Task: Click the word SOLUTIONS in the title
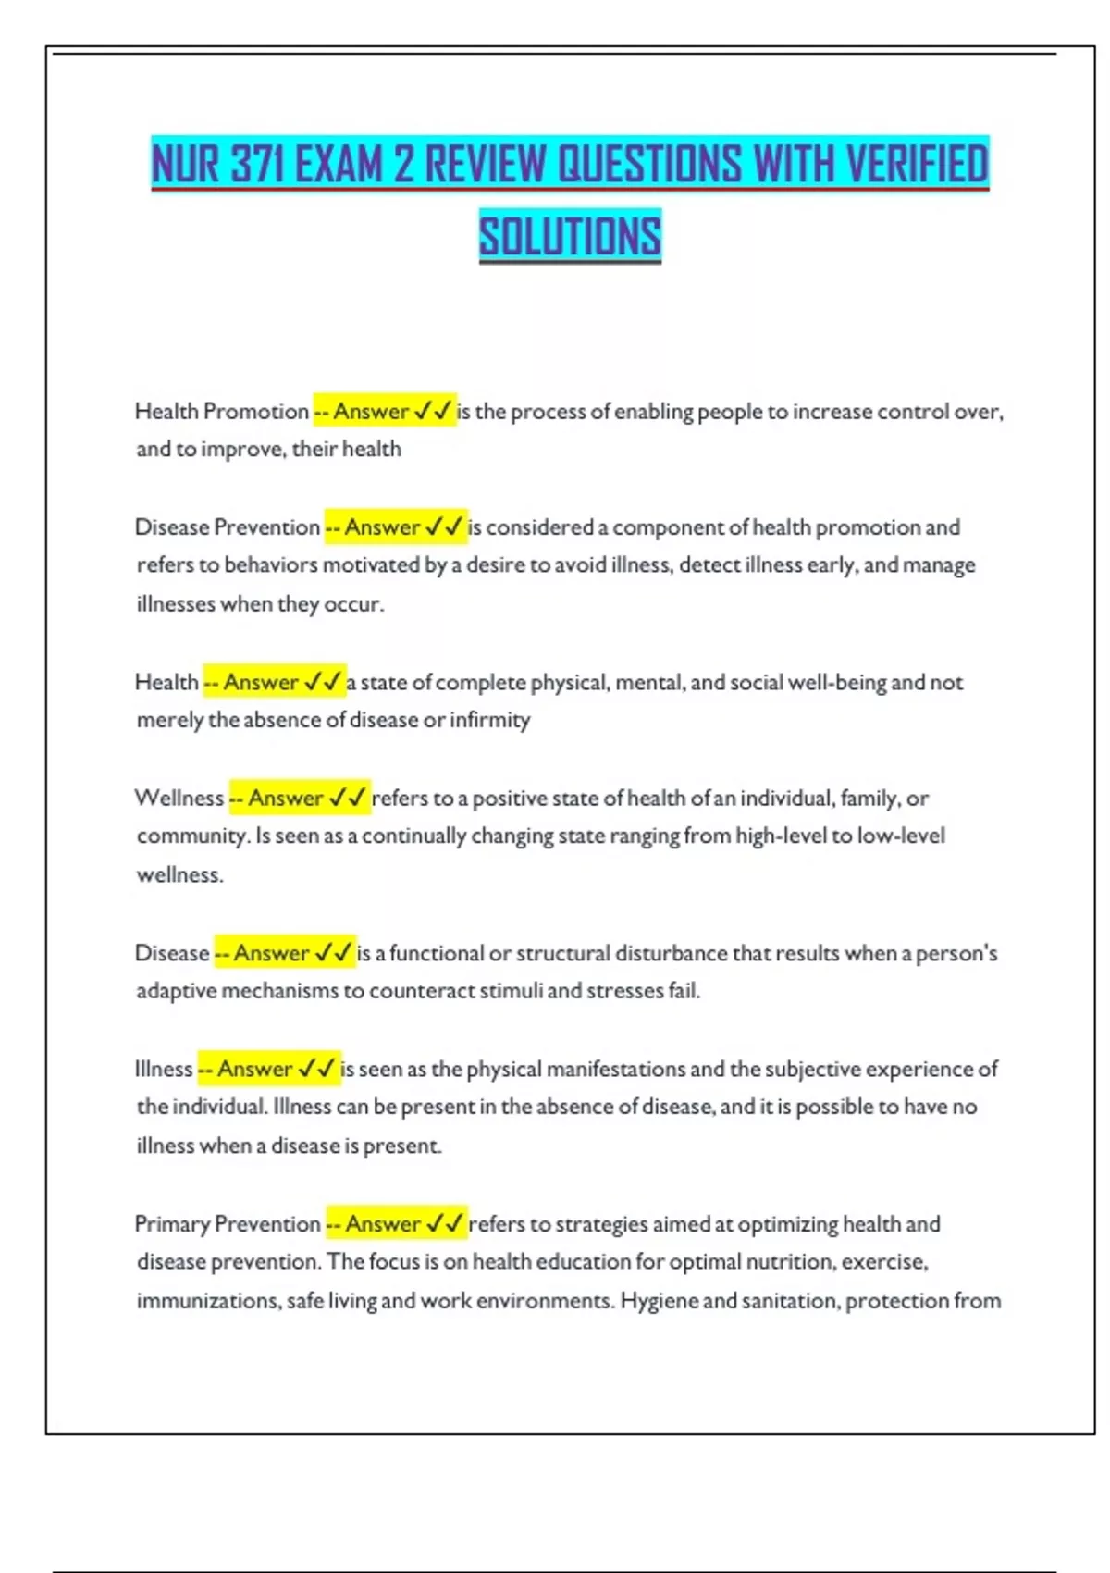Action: coord(570,236)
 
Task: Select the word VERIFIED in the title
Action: coord(917,165)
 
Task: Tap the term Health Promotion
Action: coord(222,412)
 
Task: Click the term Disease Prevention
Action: coord(228,527)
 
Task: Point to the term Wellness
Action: coord(179,798)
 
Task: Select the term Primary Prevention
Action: coord(228,1224)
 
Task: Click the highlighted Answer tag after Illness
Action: coord(269,1069)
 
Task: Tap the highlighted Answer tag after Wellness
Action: coord(300,798)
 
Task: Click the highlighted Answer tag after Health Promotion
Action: coord(384,412)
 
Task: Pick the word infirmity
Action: coord(490,720)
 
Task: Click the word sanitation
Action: coord(790,1301)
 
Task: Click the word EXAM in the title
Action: coord(339,165)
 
